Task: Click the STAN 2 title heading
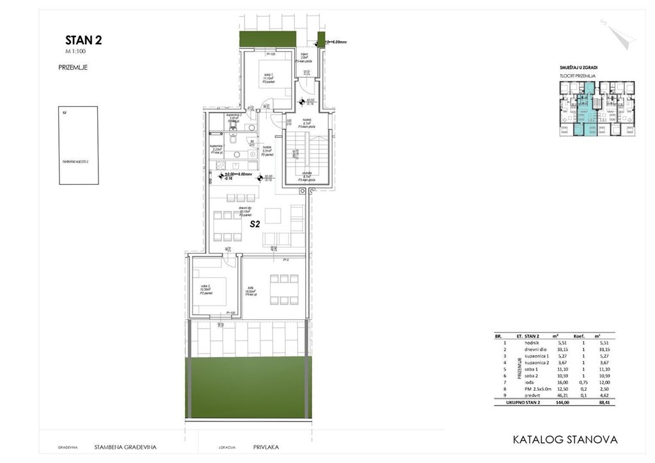click(83, 40)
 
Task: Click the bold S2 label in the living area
click(255, 224)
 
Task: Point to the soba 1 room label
click(267, 76)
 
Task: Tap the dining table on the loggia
click(283, 289)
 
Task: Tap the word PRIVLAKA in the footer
click(266, 448)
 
